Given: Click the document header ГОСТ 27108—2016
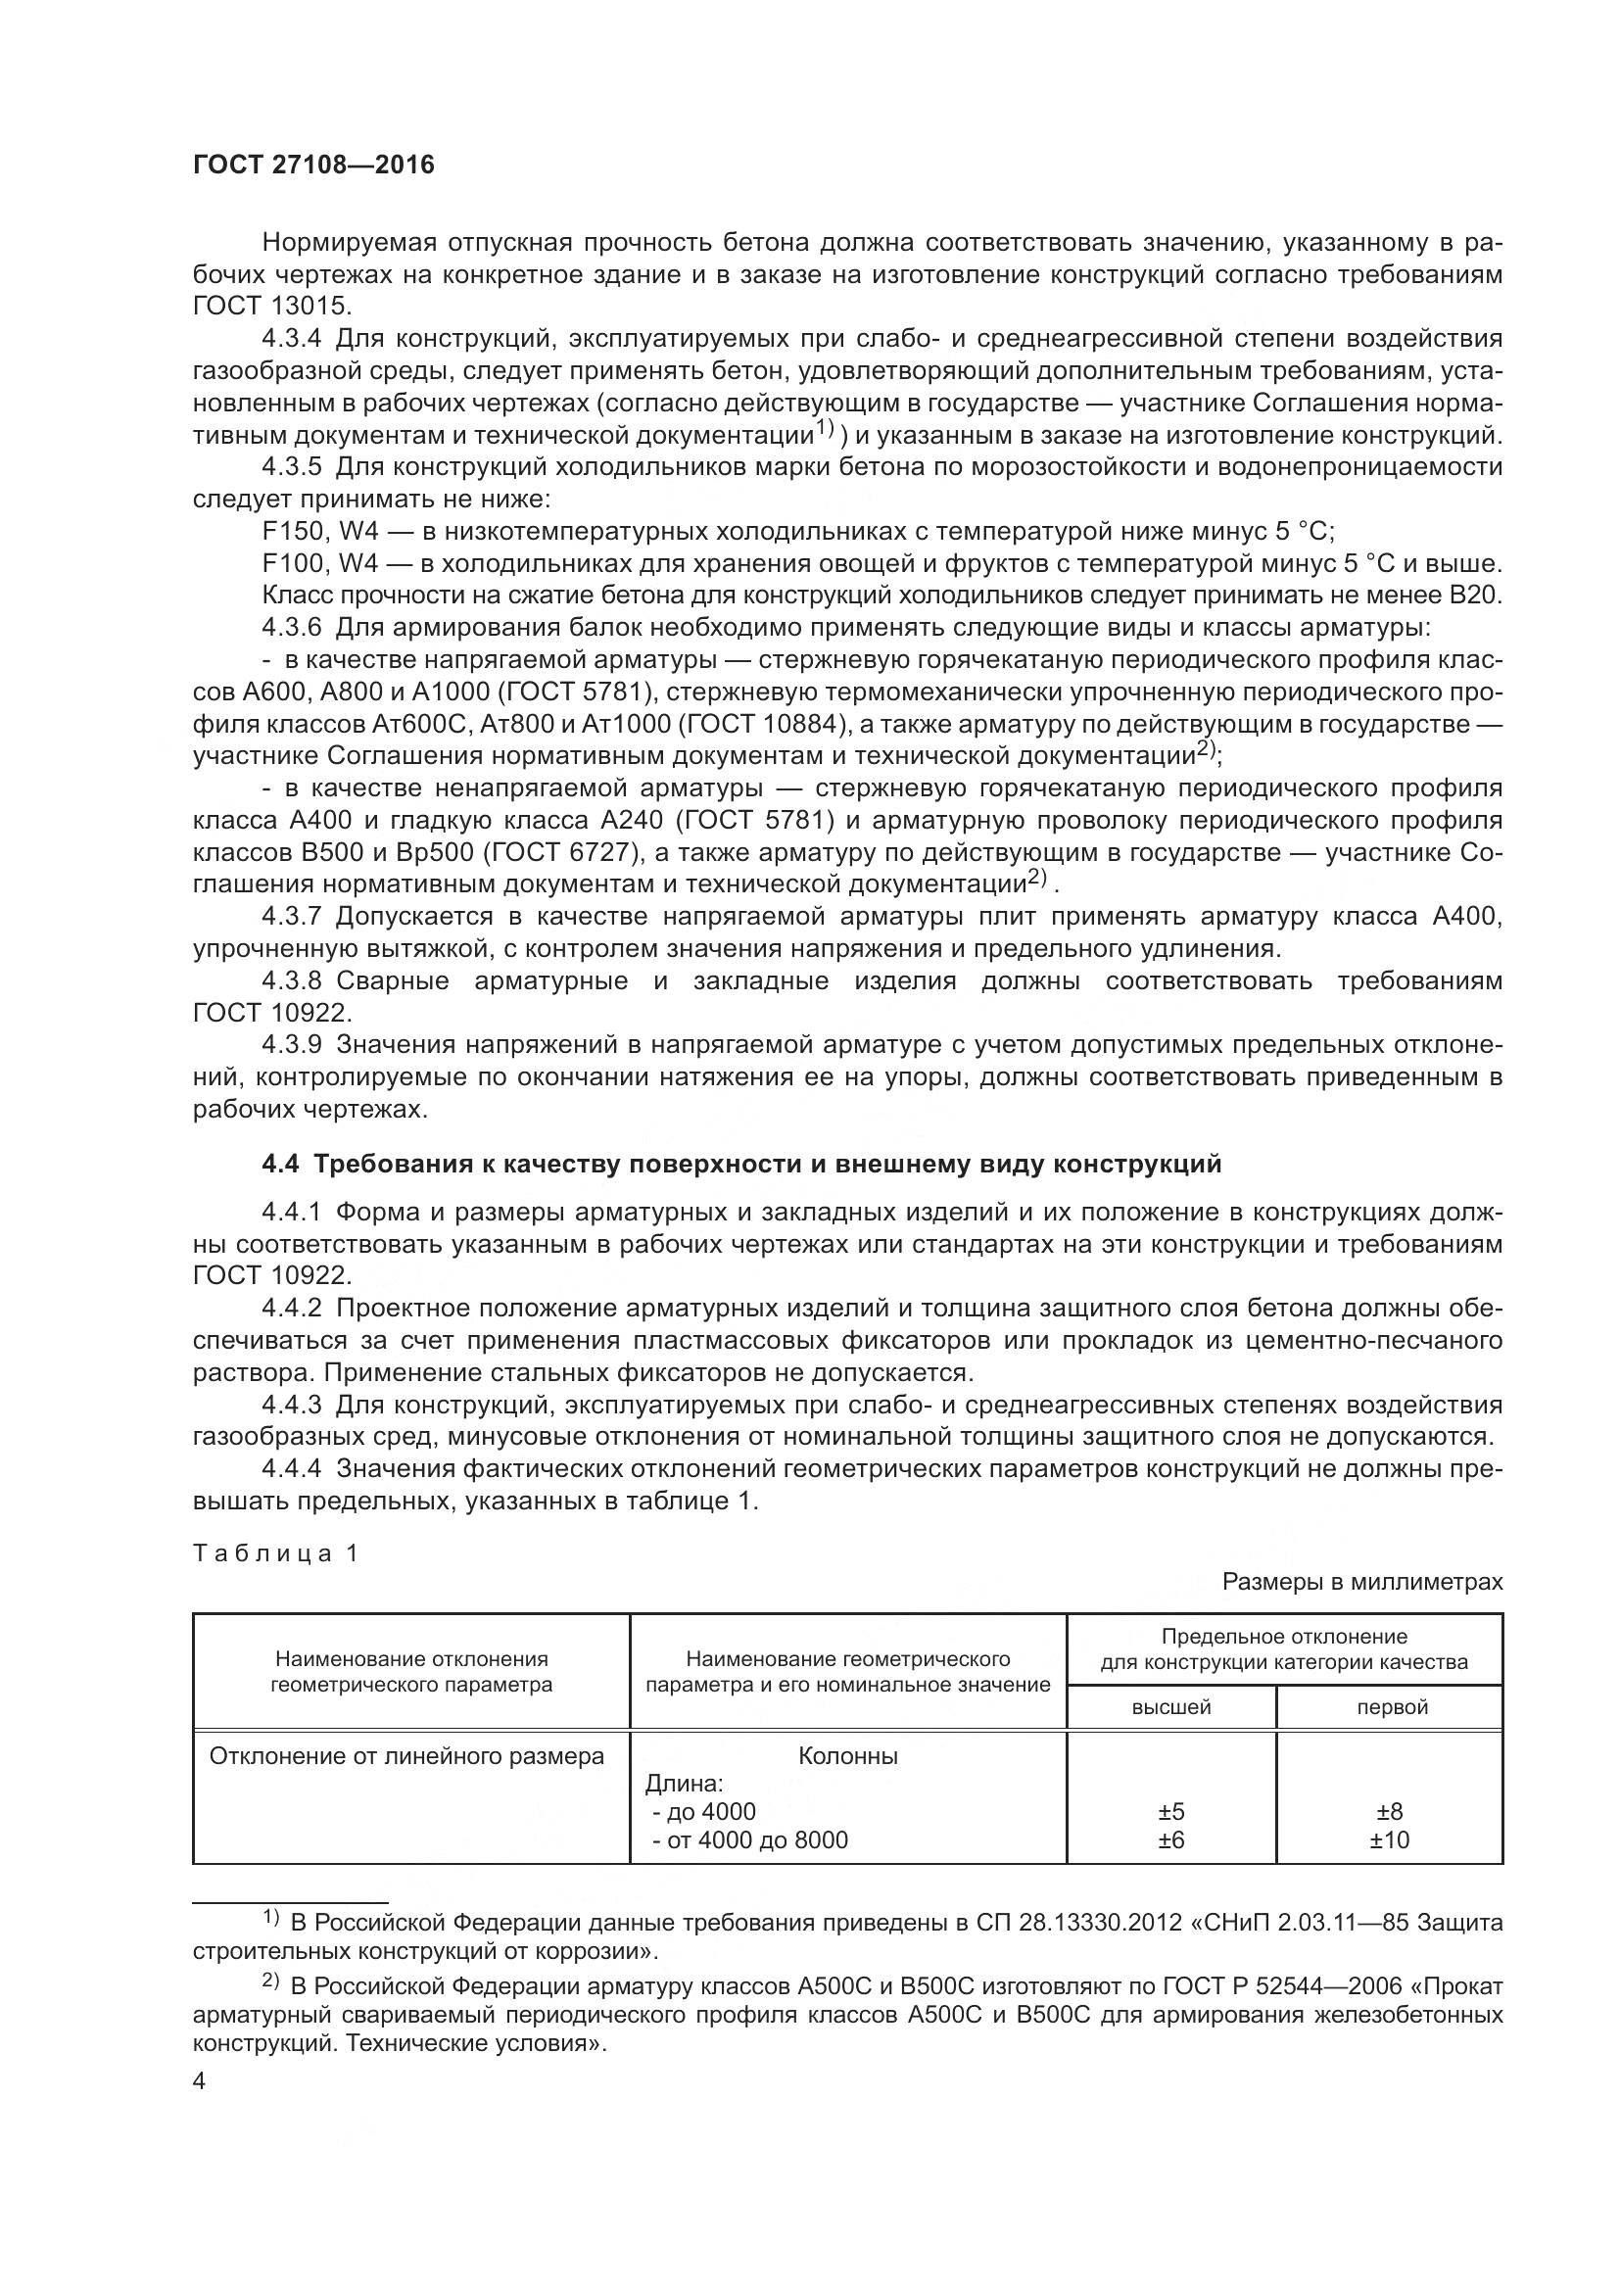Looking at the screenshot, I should pyautogui.click(x=313, y=165).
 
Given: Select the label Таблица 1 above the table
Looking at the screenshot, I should pyautogui.click(x=275, y=1553).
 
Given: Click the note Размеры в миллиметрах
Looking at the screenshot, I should pyautogui.click(x=1361, y=1582).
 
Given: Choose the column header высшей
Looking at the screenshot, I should pyautogui.click(x=1171, y=1707).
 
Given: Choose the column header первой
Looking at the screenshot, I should pyautogui.click(x=1392, y=1707).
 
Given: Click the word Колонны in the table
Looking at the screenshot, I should pyautogui.click(x=848, y=1756).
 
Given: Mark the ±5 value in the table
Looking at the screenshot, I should pyautogui.click(x=1171, y=1812).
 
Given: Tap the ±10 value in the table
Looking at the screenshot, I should pyautogui.click(x=1390, y=1840).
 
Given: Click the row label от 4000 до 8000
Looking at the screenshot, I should pyautogui.click(x=756, y=1840).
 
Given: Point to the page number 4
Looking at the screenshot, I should pyautogui.click(x=200, y=2082).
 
